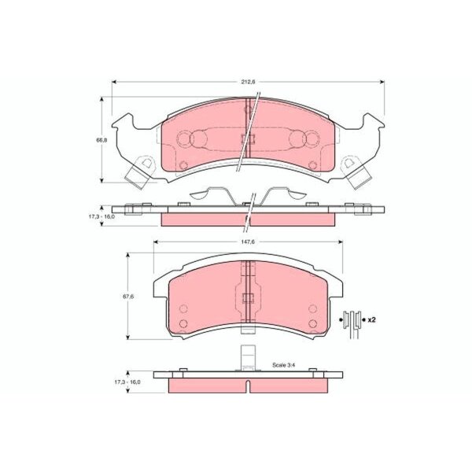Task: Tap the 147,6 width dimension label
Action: pyautogui.click(x=248, y=242)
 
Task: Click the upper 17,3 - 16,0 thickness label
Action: pyautogui.click(x=101, y=216)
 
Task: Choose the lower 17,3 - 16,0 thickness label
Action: pyautogui.click(x=127, y=382)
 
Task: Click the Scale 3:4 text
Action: pyautogui.click(x=283, y=365)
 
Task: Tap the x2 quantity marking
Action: pyautogui.click(x=372, y=319)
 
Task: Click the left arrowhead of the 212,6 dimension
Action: pyautogui.click(x=114, y=82)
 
